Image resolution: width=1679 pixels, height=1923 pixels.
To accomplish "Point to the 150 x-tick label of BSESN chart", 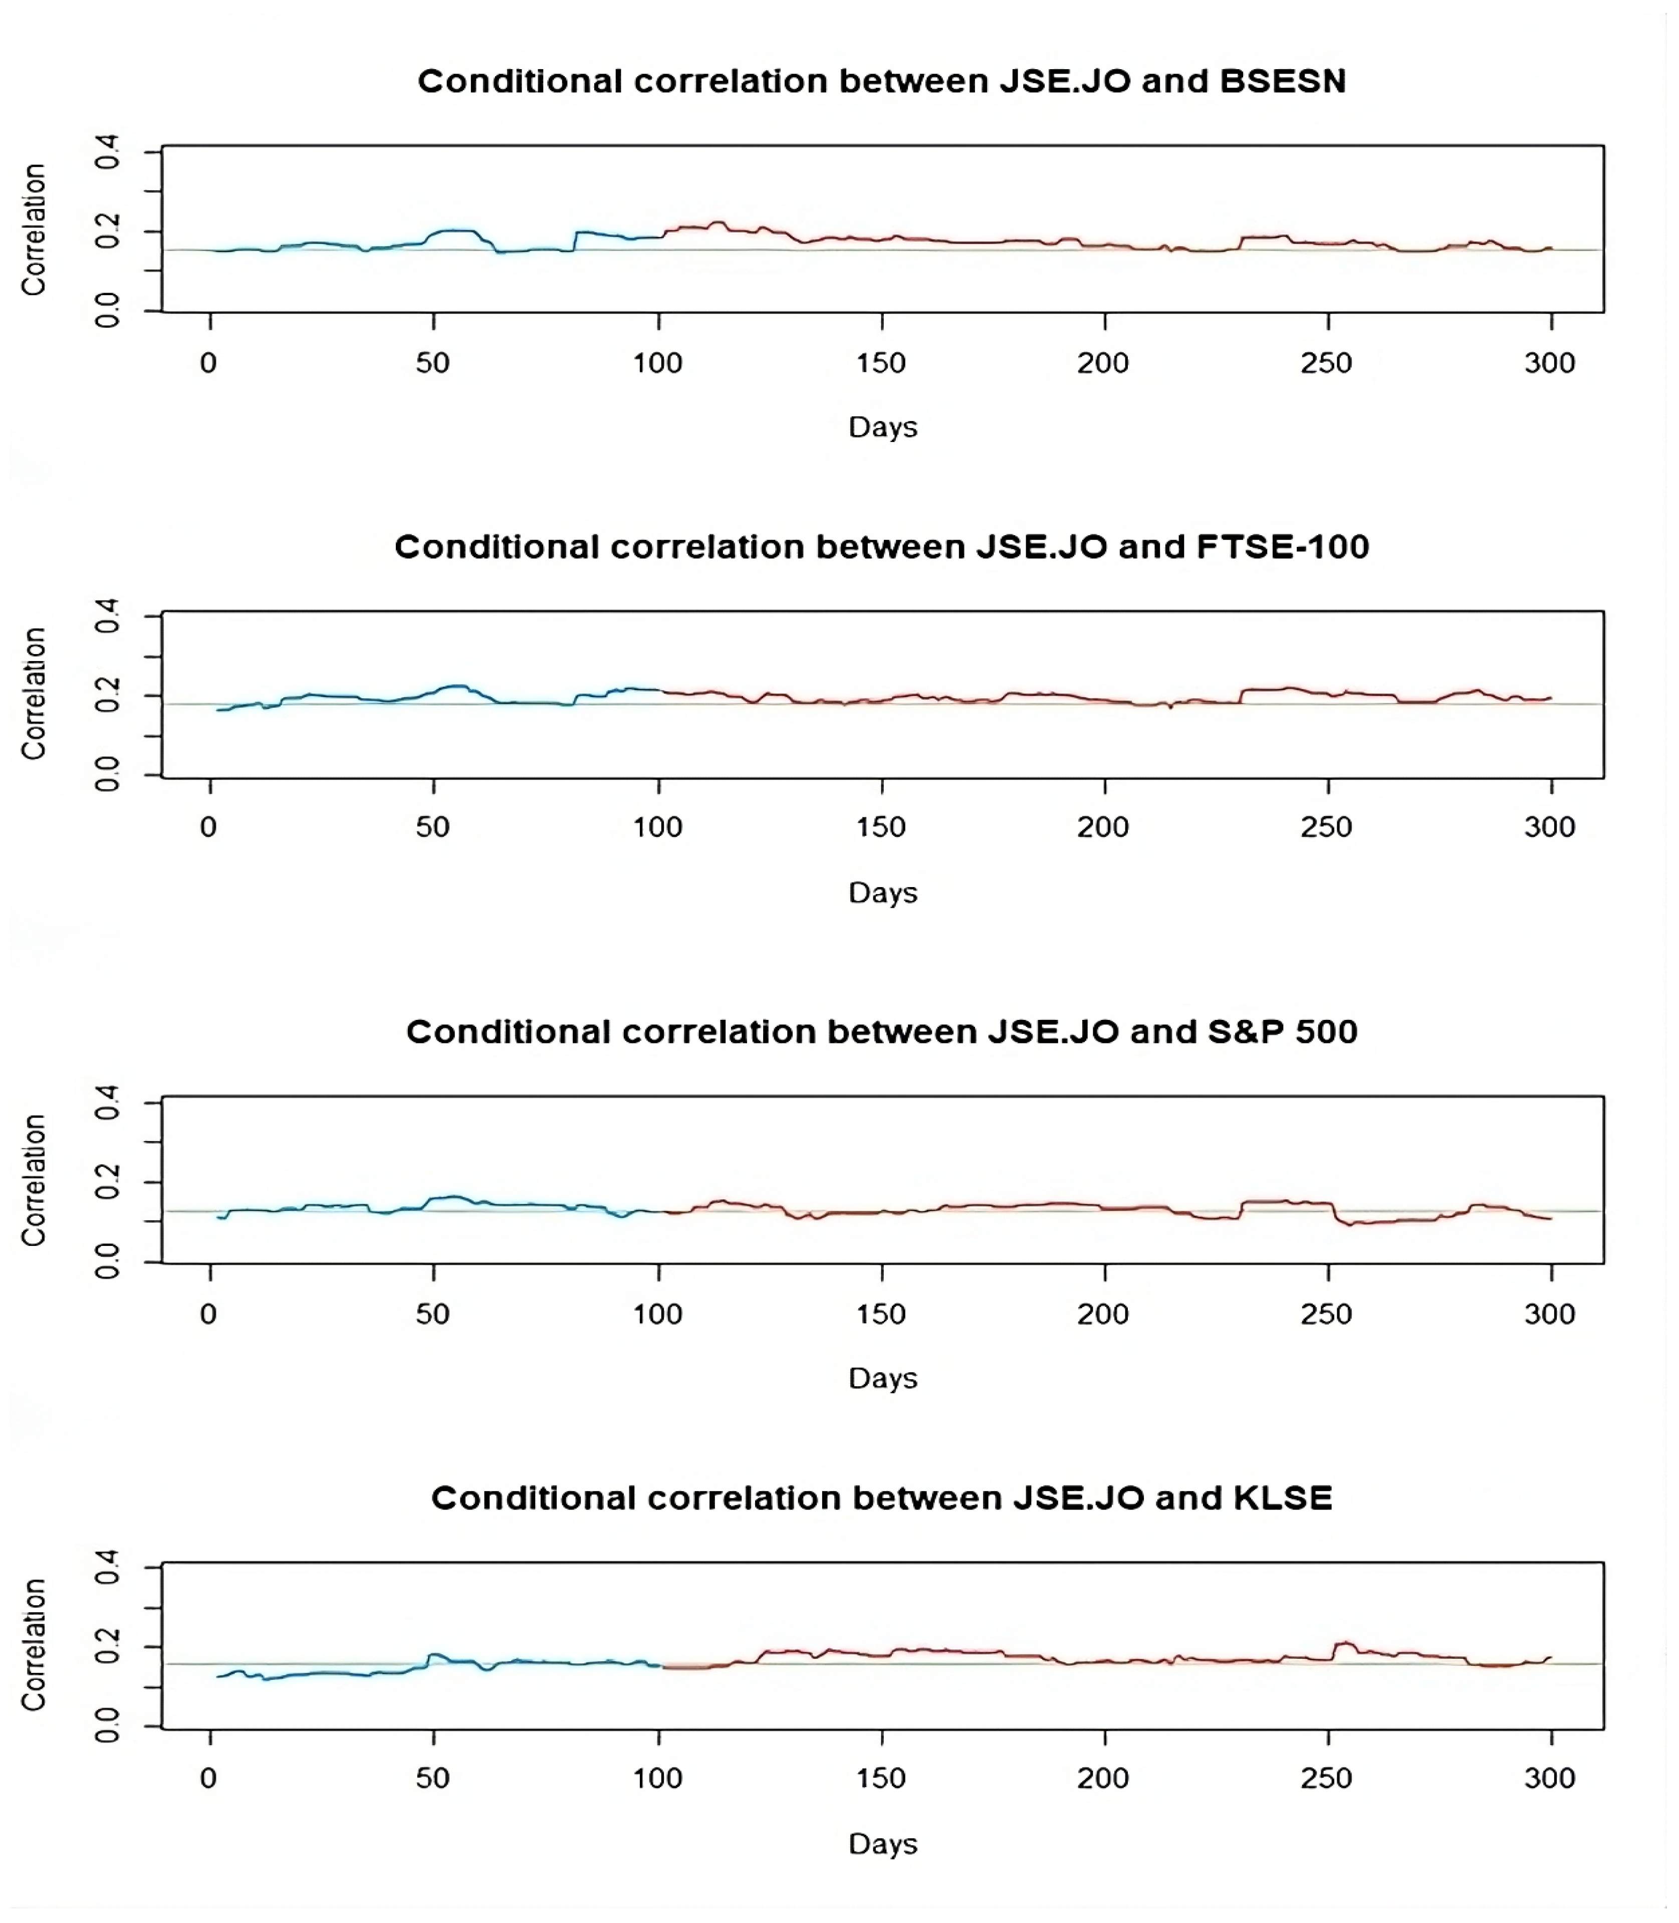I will (881, 364).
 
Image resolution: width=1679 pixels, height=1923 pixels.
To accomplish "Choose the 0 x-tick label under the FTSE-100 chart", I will (209, 827).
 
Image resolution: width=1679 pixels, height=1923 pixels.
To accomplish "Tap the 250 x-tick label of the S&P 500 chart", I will (1326, 1314).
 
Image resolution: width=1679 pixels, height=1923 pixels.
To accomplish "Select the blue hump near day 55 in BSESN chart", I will (454, 231).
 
